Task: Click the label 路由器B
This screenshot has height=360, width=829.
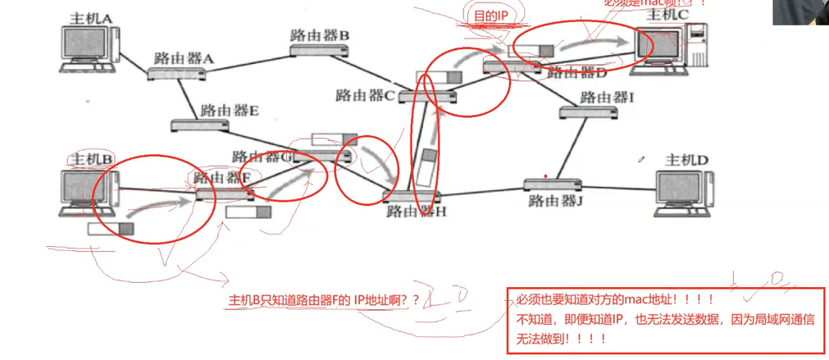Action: pos(320,35)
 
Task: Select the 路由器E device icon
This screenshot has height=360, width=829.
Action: pos(201,125)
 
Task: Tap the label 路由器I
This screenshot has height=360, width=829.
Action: pos(607,98)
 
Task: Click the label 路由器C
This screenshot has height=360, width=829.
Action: pos(366,95)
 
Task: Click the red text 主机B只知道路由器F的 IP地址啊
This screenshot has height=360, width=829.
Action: pos(323,301)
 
